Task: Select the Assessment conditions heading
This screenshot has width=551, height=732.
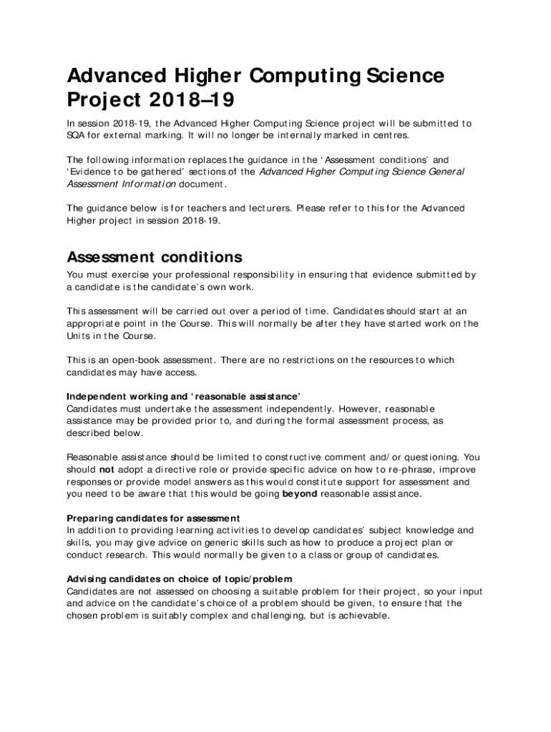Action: pos(155,257)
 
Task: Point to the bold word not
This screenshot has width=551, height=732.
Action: pos(106,470)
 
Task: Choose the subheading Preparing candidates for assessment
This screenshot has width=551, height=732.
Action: pos(153,518)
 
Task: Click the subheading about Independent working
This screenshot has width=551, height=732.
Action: pos(183,397)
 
